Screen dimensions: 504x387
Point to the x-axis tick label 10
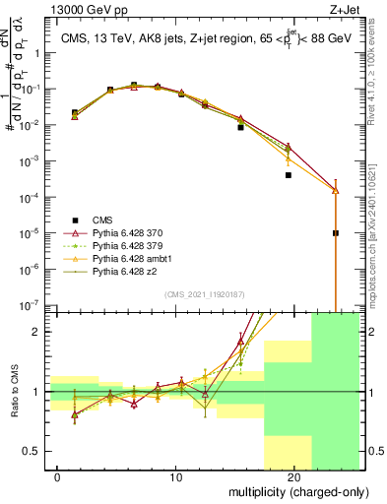coord(176,477)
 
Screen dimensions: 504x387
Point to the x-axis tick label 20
coord(293,477)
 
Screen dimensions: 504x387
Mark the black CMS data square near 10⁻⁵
coord(336,233)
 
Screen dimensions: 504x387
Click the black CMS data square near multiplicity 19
coord(289,175)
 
